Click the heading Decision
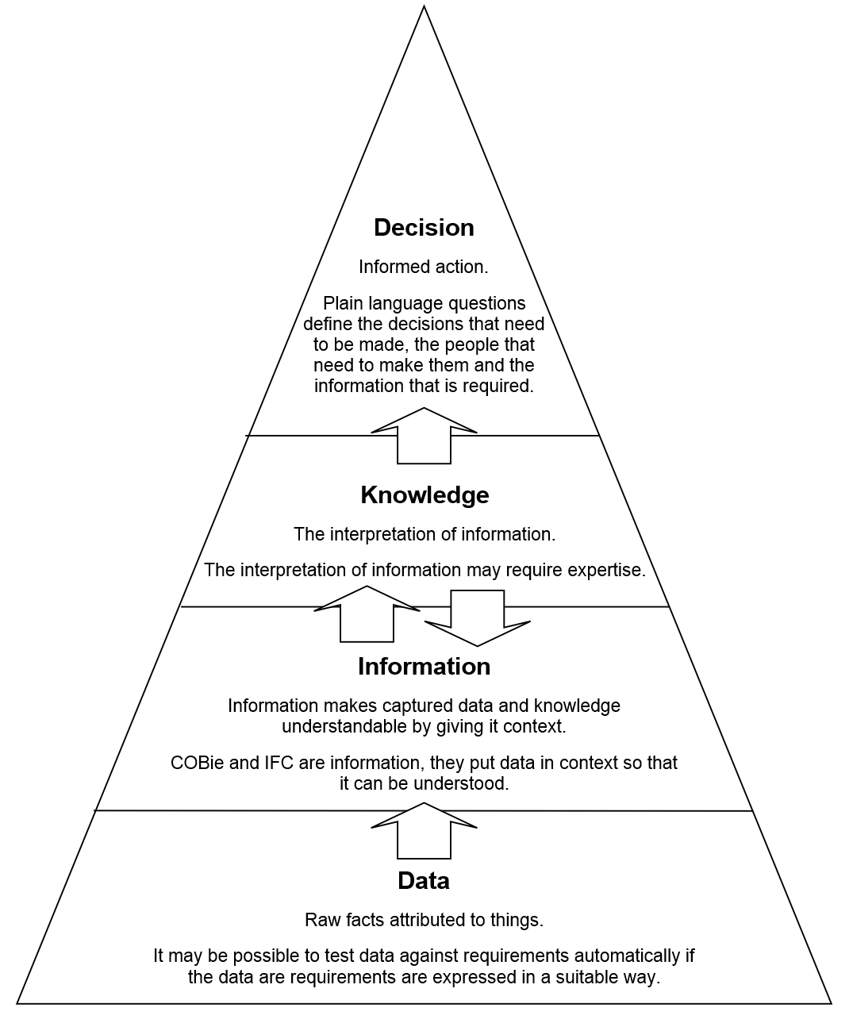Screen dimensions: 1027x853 click(x=424, y=228)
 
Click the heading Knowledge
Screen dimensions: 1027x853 click(x=425, y=495)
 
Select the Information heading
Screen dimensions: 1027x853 click(x=424, y=667)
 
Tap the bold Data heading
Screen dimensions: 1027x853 click(x=424, y=881)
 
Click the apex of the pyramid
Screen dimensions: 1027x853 click(x=424, y=7)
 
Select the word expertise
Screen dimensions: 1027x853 click(x=607, y=570)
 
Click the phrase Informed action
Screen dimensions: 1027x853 click(x=423, y=267)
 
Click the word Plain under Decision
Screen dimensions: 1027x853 click(x=342, y=303)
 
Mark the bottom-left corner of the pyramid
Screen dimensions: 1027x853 click(x=18, y=1003)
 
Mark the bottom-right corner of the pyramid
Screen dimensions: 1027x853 click(x=830, y=1003)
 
